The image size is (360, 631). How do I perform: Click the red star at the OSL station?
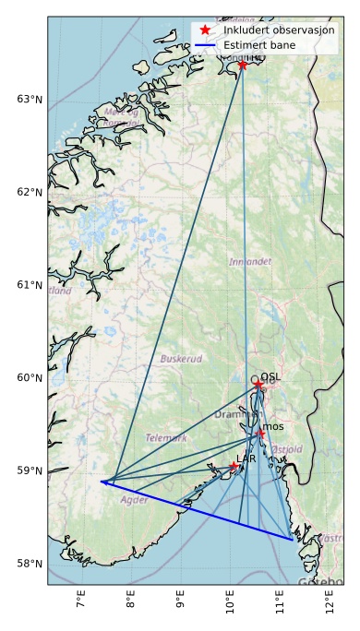pos(258,384)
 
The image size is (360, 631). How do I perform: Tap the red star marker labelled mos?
pos(261,434)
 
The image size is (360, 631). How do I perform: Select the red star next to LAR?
pos(234,467)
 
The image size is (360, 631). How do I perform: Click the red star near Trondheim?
pos(243,65)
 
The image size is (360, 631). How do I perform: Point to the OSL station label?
pos(270,376)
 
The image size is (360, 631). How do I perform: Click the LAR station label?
pos(246,458)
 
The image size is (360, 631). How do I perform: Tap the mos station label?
pos(273,426)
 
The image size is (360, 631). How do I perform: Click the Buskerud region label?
pos(181,359)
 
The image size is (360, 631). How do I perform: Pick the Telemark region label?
pos(166,438)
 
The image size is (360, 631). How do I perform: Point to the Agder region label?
pos(134,500)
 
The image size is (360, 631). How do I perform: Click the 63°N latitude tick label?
pos(30,100)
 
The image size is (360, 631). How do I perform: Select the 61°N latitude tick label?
pos(30,285)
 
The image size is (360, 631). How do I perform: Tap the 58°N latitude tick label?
pos(30,564)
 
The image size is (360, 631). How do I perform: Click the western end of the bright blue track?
pos(102,482)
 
